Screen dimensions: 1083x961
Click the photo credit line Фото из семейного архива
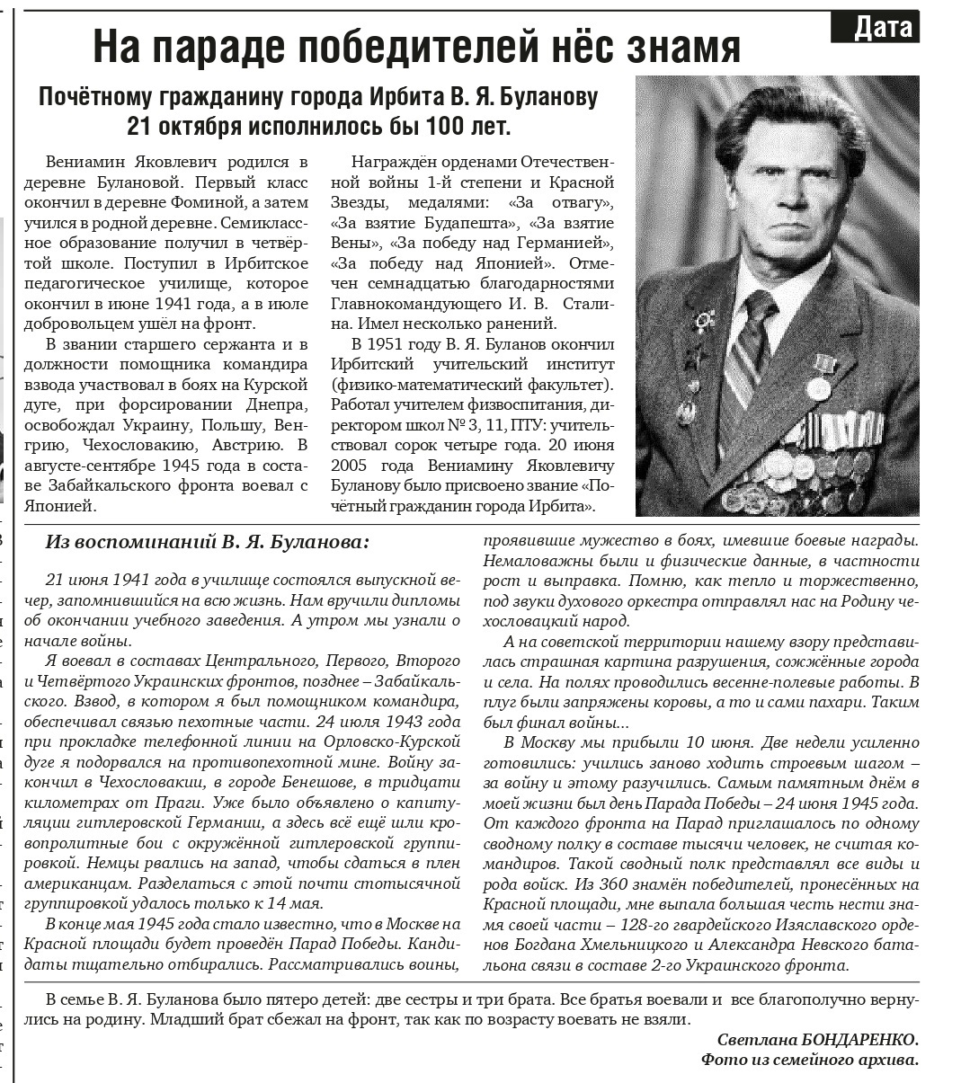tap(810, 1061)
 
